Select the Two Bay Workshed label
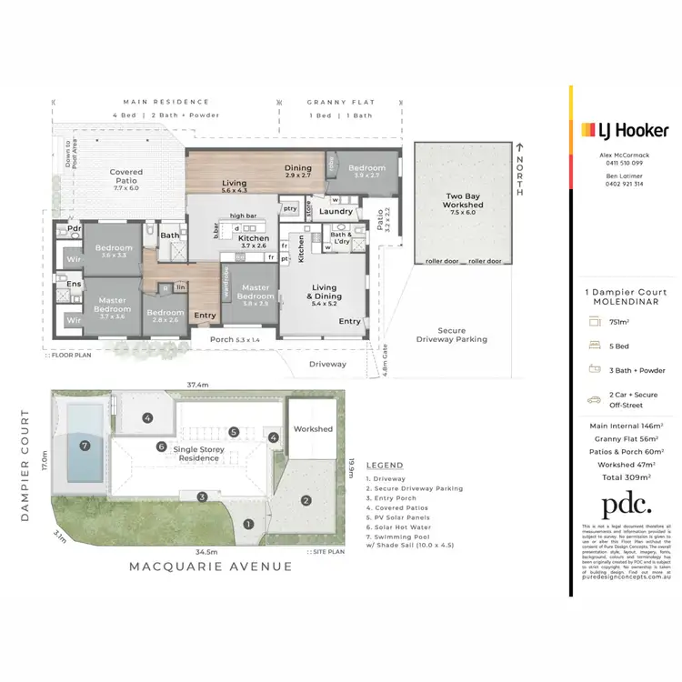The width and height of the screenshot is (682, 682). tap(464, 200)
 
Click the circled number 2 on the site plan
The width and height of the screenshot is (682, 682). tap(306, 500)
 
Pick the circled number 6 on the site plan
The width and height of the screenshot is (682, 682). tap(161, 446)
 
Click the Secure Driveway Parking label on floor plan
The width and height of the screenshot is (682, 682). tap(451, 335)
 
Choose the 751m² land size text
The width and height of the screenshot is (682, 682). tap(620, 321)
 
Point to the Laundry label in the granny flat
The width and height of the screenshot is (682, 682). tap(336, 212)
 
